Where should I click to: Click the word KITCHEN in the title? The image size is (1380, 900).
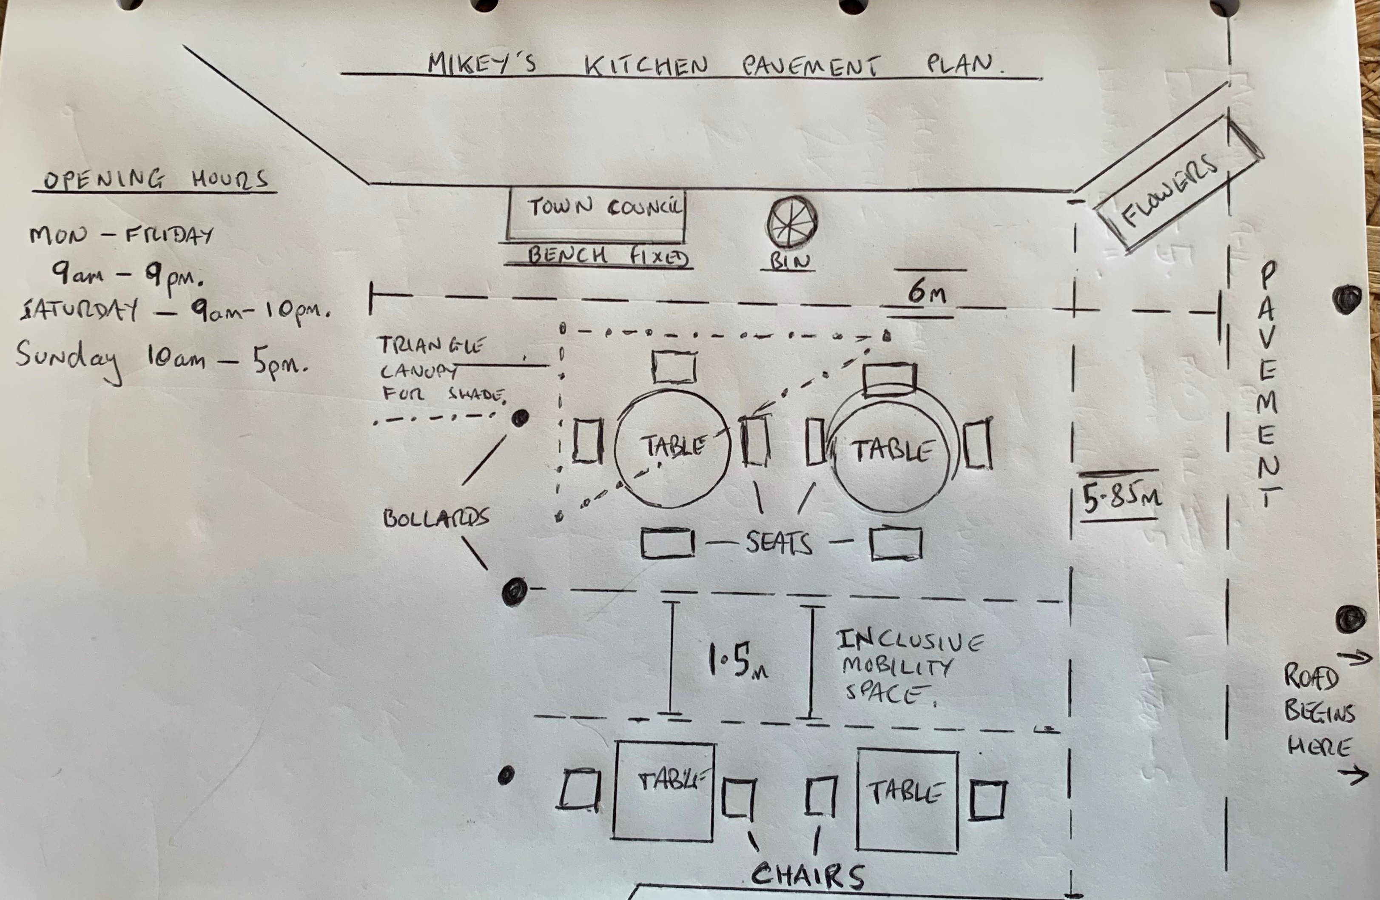(x=646, y=66)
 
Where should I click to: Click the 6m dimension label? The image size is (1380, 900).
(x=926, y=291)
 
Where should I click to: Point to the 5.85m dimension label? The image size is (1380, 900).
(x=1120, y=498)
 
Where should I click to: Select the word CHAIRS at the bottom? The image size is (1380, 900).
(x=807, y=876)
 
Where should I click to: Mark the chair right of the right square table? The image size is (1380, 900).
(x=987, y=800)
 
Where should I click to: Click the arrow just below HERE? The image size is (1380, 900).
(x=1352, y=774)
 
